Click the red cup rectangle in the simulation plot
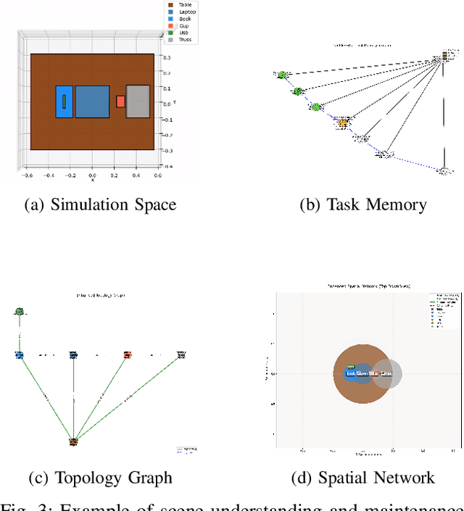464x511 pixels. [120, 101]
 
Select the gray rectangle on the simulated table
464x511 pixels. [138, 101]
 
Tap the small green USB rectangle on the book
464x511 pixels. [64, 101]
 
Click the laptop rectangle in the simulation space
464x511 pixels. [92, 101]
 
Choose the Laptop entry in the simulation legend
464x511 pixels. [186, 12]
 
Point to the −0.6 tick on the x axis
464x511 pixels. [27, 175]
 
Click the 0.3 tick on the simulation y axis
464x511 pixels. [167, 57]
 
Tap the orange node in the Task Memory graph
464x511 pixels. [342, 124]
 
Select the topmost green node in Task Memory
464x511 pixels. [282, 75]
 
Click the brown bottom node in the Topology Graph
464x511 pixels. [73, 441]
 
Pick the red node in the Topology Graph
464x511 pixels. [128, 355]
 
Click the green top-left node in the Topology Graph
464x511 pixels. [20, 312]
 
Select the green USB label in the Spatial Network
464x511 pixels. [351, 367]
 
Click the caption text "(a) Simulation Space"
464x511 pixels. [100, 205]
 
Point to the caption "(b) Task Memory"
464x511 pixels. [362, 205]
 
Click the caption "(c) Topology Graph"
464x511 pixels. [100, 477]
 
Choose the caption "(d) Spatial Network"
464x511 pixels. [362, 477]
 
